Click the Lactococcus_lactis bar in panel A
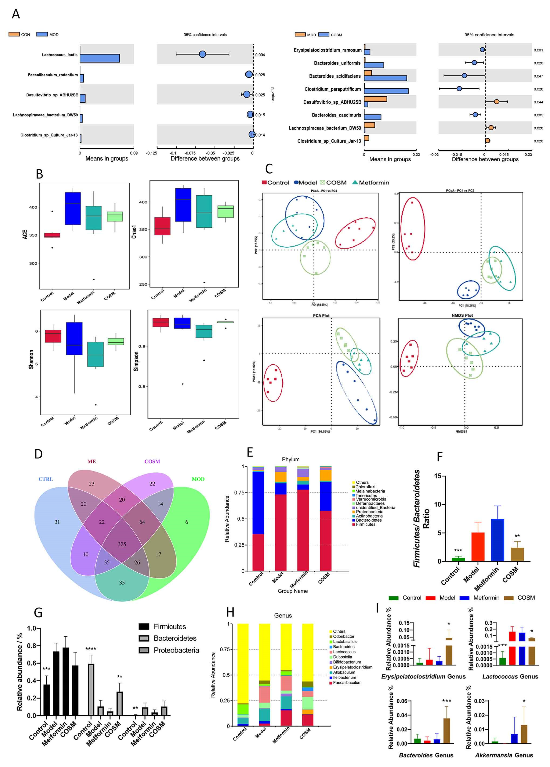point(100,58)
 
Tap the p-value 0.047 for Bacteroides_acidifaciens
point(538,76)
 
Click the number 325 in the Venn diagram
point(122,544)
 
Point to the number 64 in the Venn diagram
point(142,522)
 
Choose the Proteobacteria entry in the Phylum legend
point(369,512)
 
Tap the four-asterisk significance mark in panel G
point(91,649)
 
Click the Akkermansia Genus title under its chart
point(504,755)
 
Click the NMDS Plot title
point(462,315)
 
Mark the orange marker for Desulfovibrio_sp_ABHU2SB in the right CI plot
point(496,102)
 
